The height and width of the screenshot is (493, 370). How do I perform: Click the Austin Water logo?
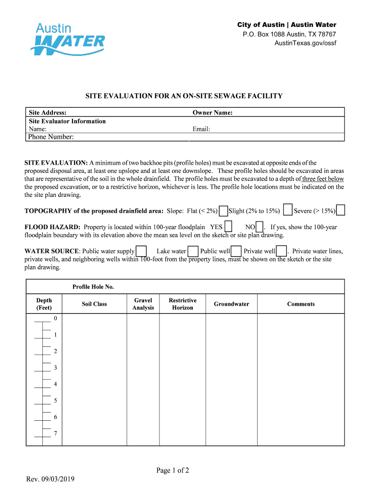click(x=67, y=38)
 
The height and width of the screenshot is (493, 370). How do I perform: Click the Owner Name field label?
click(x=212, y=113)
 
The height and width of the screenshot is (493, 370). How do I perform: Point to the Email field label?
click(x=201, y=129)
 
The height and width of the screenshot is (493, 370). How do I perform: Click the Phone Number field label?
click(x=51, y=137)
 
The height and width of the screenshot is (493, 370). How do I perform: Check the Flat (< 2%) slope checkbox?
click(x=223, y=211)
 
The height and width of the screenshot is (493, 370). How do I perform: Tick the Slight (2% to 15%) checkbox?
click(x=288, y=210)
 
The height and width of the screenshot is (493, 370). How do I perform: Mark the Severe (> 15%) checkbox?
click(x=340, y=210)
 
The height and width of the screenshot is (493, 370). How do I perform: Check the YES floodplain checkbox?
click(x=229, y=227)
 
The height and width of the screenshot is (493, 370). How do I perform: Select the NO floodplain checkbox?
click(x=259, y=227)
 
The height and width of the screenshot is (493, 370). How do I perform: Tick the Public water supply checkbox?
click(x=141, y=251)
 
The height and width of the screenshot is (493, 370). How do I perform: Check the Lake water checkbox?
click(x=193, y=251)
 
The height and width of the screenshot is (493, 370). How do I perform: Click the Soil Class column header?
click(x=94, y=304)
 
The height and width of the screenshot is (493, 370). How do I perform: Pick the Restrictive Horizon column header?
click(x=183, y=304)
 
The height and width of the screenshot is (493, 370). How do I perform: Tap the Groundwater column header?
click(x=232, y=304)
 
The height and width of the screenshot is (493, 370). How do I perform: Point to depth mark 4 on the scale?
click(x=55, y=384)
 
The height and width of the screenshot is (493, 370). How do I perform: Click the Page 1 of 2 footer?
click(x=173, y=471)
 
